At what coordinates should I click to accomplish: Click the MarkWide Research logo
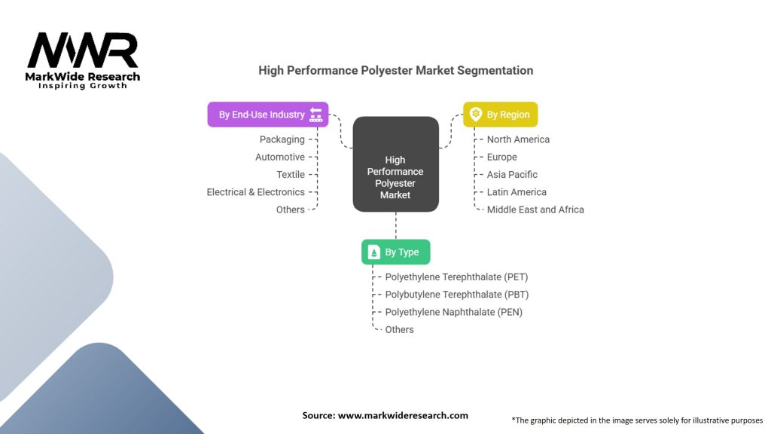(84, 59)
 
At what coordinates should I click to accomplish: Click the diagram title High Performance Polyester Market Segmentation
(395, 70)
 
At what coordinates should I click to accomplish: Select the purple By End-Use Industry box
(268, 115)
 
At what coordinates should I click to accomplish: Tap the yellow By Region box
(500, 115)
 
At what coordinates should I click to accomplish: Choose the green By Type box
(395, 252)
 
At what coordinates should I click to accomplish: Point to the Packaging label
(282, 139)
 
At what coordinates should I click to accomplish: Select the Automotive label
(280, 157)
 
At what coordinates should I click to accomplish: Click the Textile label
(291, 174)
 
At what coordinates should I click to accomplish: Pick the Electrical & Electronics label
(256, 192)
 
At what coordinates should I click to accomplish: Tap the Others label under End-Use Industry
(291, 209)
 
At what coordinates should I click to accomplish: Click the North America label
(518, 139)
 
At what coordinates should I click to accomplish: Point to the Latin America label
(517, 192)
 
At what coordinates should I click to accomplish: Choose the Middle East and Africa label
(535, 209)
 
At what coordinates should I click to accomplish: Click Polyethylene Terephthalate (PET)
(456, 277)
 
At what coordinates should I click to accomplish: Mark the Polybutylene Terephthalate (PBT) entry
(457, 295)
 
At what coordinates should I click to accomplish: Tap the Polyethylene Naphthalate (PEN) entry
(453, 312)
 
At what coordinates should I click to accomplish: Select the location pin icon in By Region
(476, 115)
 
